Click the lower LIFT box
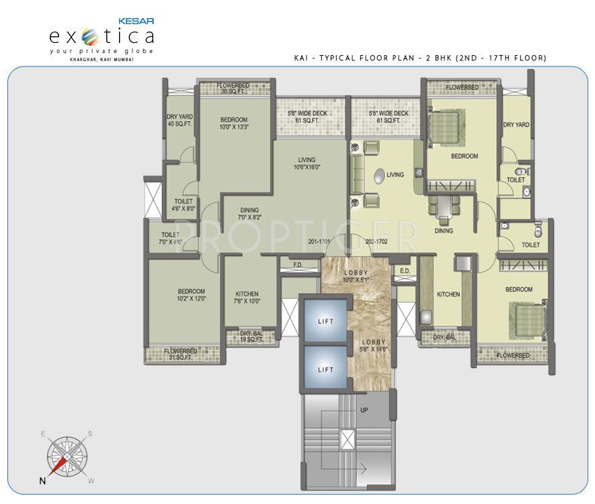click(x=325, y=370)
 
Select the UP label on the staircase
click(x=364, y=409)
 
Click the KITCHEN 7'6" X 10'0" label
click(x=247, y=298)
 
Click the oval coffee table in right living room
click(x=379, y=176)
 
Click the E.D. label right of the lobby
click(x=405, y=271)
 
